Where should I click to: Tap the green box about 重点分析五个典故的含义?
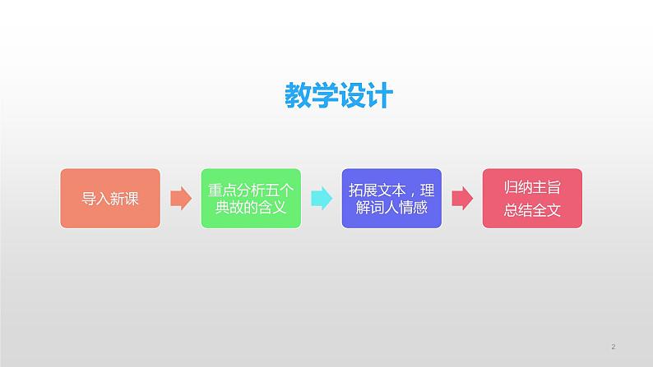click(251, 199)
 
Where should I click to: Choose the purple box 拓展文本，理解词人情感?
click(391, 199)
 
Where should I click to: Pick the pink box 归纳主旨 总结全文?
click(531, 199)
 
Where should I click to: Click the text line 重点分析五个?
click(251, 190)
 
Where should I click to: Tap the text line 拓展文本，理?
click(391, 190)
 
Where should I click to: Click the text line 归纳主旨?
click(531, 189)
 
